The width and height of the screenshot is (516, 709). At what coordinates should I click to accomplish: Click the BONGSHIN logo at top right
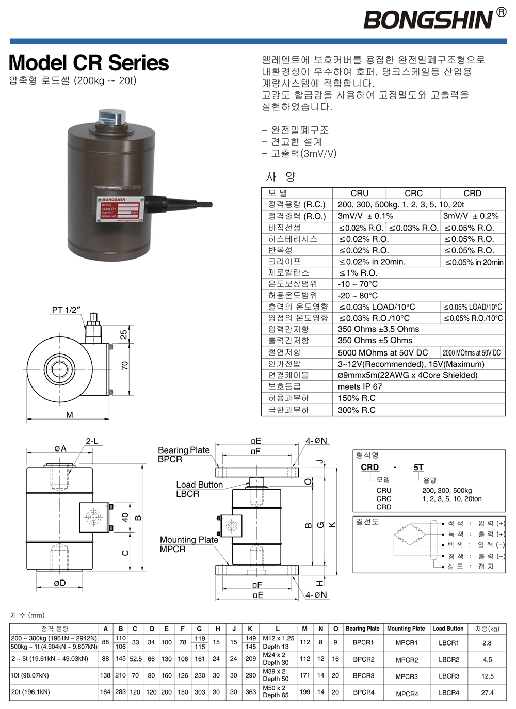[428, 20]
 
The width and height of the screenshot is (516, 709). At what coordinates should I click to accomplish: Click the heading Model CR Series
[89, 63]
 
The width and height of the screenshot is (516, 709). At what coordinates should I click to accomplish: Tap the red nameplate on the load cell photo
[120, 208]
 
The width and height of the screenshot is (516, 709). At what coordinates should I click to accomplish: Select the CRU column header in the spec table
[360, 193]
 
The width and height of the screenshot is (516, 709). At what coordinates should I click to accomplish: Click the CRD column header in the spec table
[472, 193]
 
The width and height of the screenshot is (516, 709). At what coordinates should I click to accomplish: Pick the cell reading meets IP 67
[360, 386]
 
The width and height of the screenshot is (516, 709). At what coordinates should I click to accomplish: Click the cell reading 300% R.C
[357, 410]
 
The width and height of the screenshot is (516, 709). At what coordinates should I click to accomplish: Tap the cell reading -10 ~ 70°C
[358, 284]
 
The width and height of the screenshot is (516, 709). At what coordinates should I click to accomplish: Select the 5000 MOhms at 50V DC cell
[383, 353]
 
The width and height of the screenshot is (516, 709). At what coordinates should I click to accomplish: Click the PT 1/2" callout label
[66, 310]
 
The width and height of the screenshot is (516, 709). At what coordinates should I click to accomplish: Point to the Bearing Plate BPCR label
[183, 454]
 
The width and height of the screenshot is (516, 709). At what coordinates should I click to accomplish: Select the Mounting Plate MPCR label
[188, 544]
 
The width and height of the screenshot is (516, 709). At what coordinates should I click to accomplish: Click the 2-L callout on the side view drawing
[92, 441]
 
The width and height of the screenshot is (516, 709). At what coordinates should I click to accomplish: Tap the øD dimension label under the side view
[60, 583]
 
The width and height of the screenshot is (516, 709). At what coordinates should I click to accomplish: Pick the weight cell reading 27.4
[487, 692]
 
